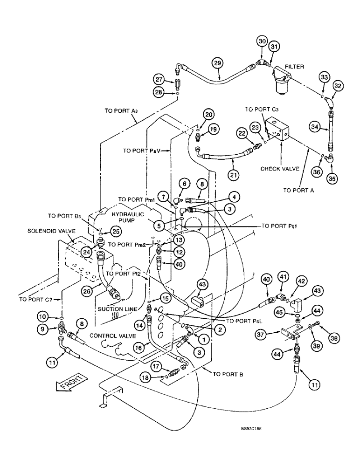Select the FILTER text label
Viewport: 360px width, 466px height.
click(x=294, y=67)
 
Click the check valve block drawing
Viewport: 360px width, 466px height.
click(x=278, y=129)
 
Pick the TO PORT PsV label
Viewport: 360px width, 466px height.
click(x=141, y=151)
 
